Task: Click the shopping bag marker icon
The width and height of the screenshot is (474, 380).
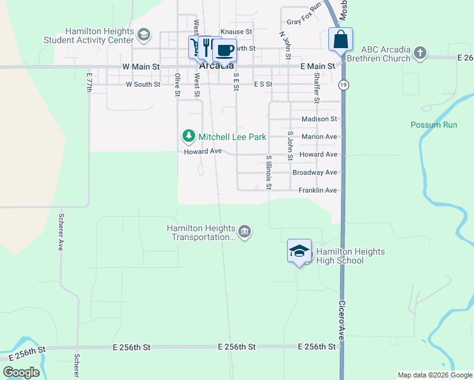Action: [341, 39]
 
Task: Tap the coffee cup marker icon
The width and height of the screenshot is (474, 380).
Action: [224, 49]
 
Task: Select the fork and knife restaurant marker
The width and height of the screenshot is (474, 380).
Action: [207, 47]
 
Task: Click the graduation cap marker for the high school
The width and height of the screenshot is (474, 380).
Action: [299, 251]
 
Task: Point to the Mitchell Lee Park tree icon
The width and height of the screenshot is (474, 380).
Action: [188, 136]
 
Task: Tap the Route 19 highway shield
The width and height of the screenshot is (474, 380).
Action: [343, 84]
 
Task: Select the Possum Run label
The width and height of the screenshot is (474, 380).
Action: [433, 125]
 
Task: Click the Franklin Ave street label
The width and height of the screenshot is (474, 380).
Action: [318, 190]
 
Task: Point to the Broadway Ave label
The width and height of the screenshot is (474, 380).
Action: [314, 172]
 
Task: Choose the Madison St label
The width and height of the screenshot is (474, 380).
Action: [319, 119]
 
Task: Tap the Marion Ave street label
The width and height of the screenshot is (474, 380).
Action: [319, 137]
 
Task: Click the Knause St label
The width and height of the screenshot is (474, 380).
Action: [236, 31]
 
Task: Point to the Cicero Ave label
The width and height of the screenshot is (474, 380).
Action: [342, 320]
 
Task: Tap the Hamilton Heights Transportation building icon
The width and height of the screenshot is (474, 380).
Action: [245, 232]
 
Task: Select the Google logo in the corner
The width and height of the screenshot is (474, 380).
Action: [21, 372]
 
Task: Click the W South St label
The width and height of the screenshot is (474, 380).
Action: [143, 84]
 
